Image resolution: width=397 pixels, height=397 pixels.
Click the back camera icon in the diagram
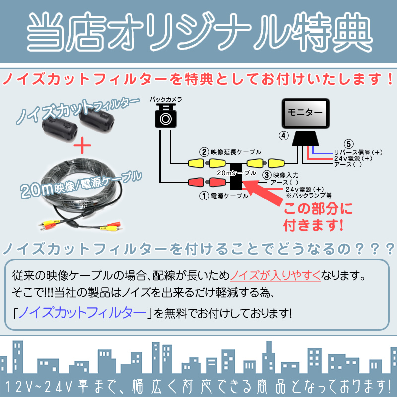(x=166, y=116)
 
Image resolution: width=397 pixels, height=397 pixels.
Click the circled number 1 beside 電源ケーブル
(x=203, y=196)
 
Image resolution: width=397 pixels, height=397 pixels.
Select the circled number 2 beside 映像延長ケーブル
(x=203, y=152)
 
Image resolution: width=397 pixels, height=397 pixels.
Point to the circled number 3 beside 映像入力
(x=267, y=174)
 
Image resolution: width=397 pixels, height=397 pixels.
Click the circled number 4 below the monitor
(x=283, y=135)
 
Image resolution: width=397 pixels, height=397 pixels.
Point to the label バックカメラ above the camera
(x=166, y=100)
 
